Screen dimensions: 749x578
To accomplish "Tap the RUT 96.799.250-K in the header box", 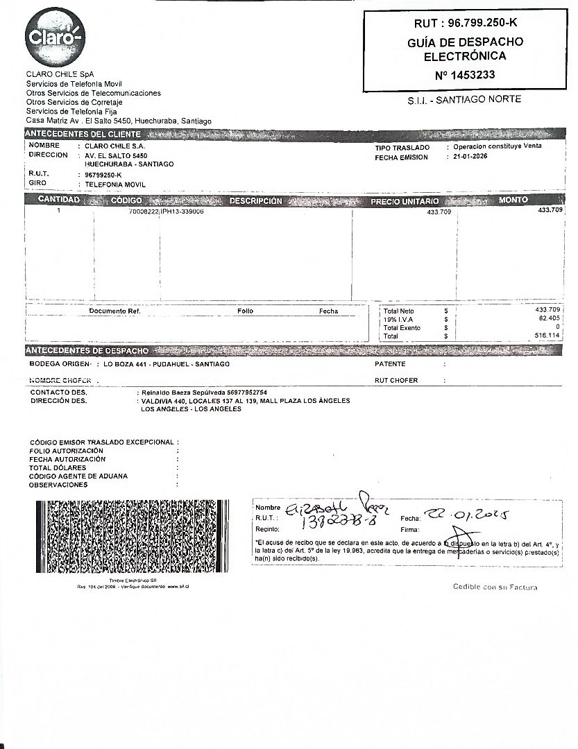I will [x=465, y=23].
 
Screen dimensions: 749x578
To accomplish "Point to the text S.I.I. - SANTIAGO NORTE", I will [x=464, y=99].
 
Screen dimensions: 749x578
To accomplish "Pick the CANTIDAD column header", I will [x=59, y=200].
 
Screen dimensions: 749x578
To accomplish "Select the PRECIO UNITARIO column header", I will [x=405, y=201].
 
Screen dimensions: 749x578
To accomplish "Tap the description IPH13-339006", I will [x=182, y=211].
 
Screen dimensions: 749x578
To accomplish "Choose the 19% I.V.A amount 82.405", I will [x=549, y=318].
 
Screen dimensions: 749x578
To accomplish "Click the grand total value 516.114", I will [x=547, y=336].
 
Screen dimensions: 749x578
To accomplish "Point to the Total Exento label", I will [x=402, y=327].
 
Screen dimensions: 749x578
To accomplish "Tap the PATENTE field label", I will [x=390, y=364].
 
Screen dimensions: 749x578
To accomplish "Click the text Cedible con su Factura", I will [x=495, y=587].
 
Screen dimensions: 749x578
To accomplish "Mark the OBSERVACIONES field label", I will [x=58, y=485].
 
